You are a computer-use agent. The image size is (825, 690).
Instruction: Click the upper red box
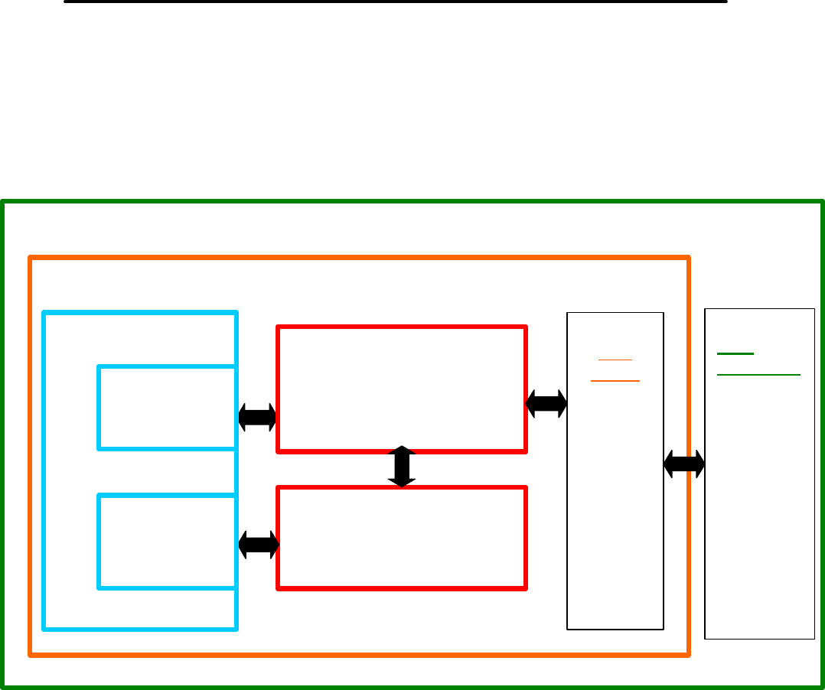(402, 389)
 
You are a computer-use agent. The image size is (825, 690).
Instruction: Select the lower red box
(402, 537)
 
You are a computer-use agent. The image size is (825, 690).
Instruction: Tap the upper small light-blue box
(167, 407)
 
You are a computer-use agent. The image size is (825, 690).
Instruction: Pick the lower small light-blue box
(167, 542)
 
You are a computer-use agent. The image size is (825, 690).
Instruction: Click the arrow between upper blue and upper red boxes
(257, 417)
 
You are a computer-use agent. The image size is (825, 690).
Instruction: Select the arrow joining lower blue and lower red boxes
(259, 545)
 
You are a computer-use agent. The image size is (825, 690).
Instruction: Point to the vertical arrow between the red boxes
(402, 467)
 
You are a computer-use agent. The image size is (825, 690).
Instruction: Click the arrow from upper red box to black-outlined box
(546, 404)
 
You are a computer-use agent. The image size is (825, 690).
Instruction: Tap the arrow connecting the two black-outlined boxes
(684, 463)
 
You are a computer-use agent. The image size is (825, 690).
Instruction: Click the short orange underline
(615, 359)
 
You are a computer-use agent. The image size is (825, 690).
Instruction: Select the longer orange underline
(615, 380)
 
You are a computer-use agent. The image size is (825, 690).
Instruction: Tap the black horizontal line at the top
(395, 2)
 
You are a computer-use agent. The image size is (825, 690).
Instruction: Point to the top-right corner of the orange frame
(688, 259)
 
